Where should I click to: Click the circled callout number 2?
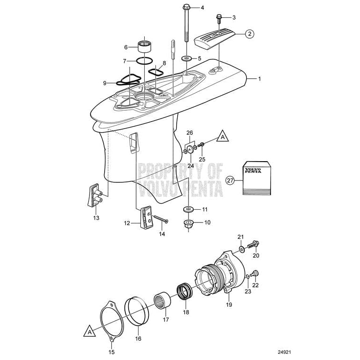pyautogui.click(x=249, y=33)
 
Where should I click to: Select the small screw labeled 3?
pyautogui.click(x=219, y=19)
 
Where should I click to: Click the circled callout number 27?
pyautogui.click(x=230, y=180)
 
